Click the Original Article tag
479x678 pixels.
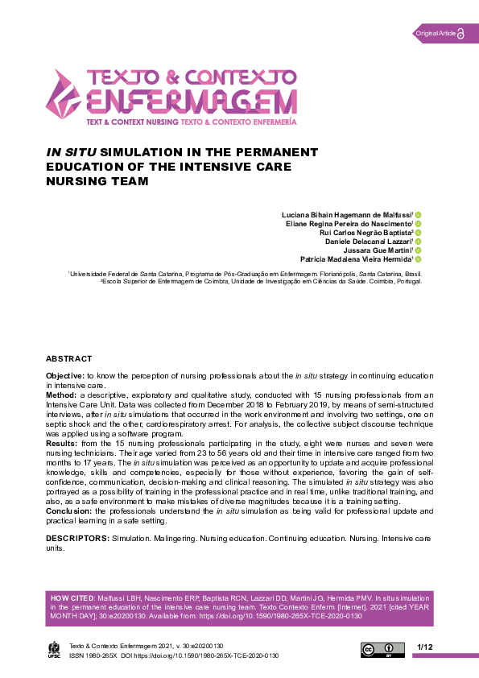pyautogui.click(x=435, y=33)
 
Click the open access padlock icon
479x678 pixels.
pyautogui.click(x=460, y=33)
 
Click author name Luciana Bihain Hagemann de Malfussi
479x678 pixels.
pyautogui.click(x=347, y=214)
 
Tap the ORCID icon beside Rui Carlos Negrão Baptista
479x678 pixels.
pyautogui.click(x=419, y=232)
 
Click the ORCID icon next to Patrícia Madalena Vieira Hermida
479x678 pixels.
pyautogui.click(x=419, y=259)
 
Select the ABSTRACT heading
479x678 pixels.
pyautogui.click(x=69, y=358)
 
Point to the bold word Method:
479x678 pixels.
pyautogui.click(x=61, y=395)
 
